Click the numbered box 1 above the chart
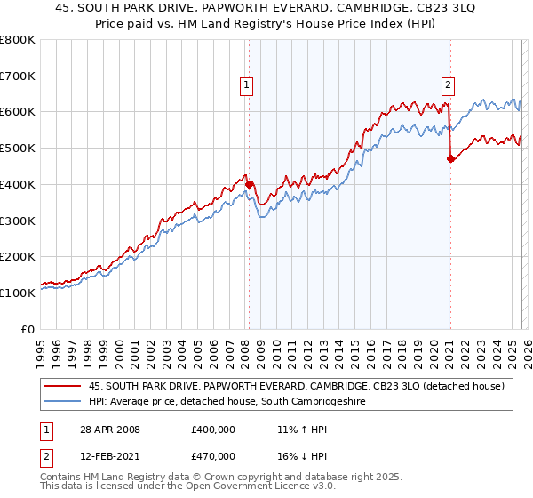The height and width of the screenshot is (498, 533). tap(246, 85)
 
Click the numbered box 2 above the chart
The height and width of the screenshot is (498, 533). tap(448, 85)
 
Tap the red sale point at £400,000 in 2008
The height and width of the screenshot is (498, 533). tap(249, 184)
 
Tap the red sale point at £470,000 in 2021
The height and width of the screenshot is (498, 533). tap(450, 159)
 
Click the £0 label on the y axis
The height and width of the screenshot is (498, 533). tap(29, 329)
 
